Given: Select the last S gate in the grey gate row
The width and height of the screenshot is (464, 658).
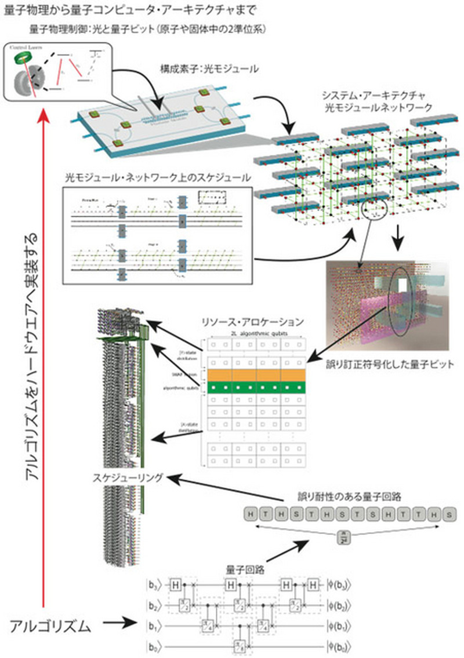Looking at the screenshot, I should point(448,514).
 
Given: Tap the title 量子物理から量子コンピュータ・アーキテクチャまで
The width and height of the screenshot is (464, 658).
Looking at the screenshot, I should point(130,10).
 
